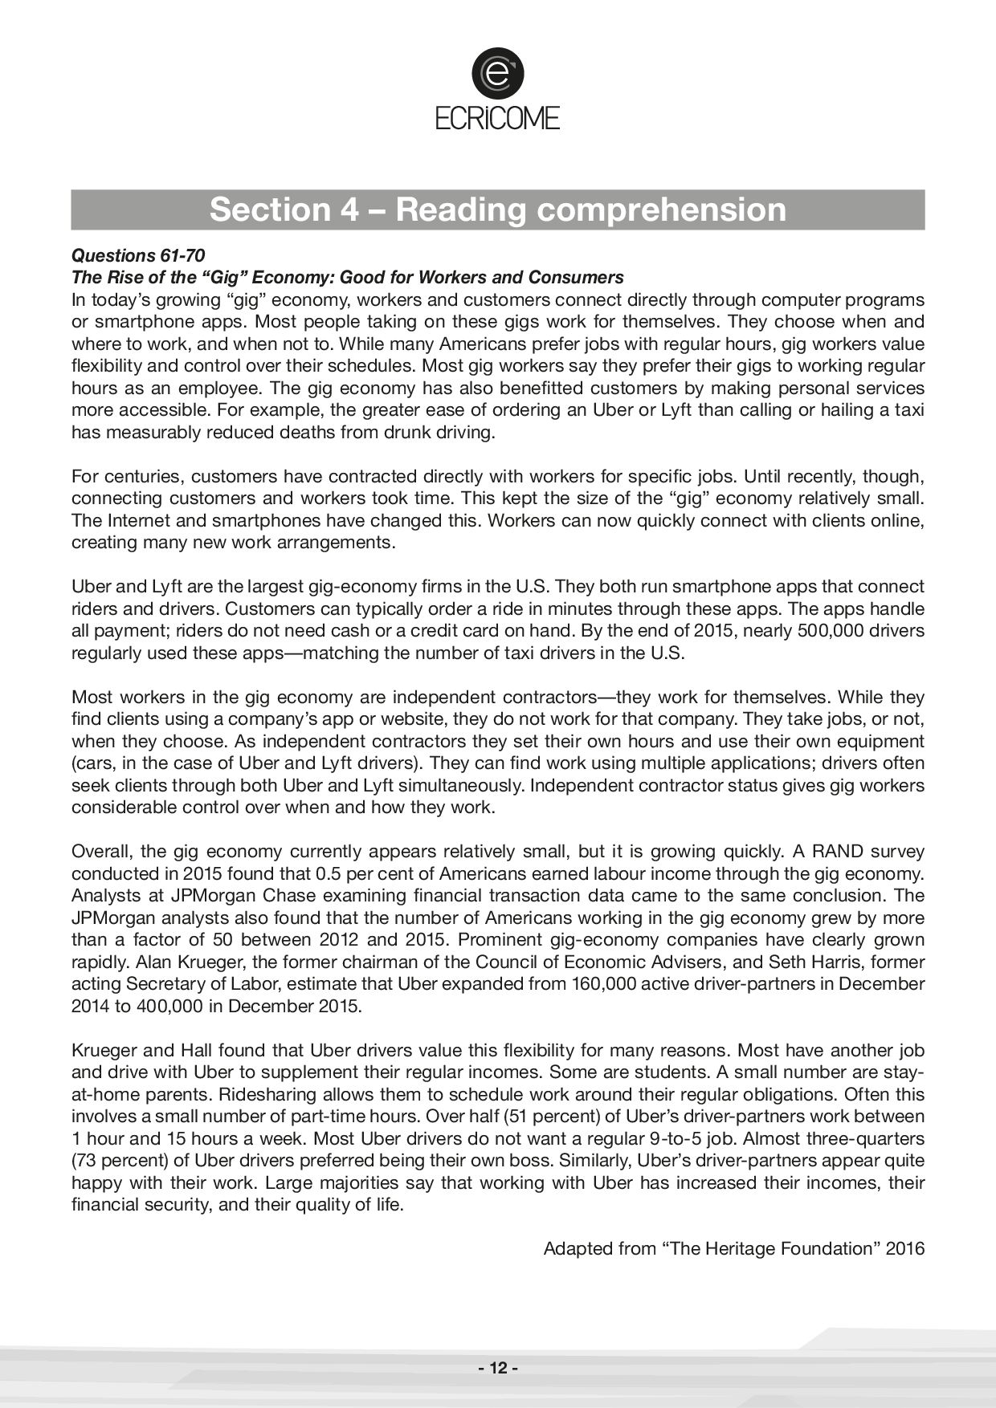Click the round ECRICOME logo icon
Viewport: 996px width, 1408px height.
tap(497, 73)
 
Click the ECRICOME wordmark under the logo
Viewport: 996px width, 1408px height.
tap(497, 119)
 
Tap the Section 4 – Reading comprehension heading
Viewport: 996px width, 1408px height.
tap(497, 210)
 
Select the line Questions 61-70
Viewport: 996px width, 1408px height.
tap(138, 255)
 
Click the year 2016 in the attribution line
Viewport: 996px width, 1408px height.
tap(905, 1249)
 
